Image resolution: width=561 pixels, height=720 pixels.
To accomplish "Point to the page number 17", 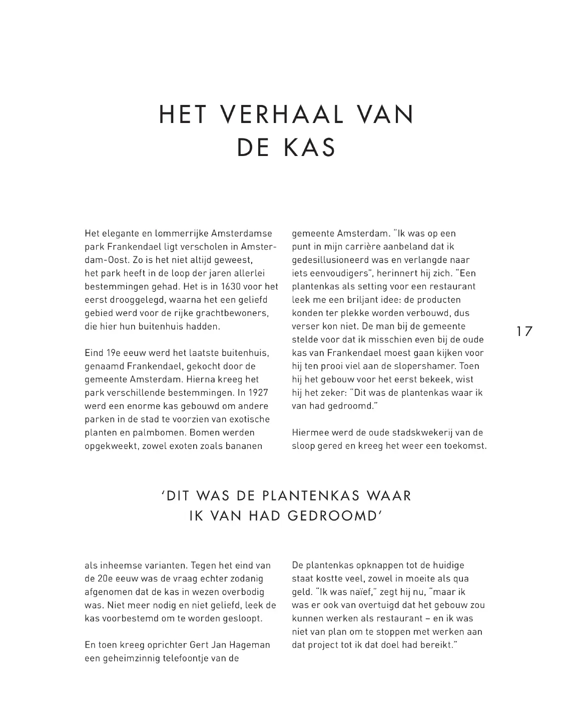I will pyautogui.click(x=524, y=331).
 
